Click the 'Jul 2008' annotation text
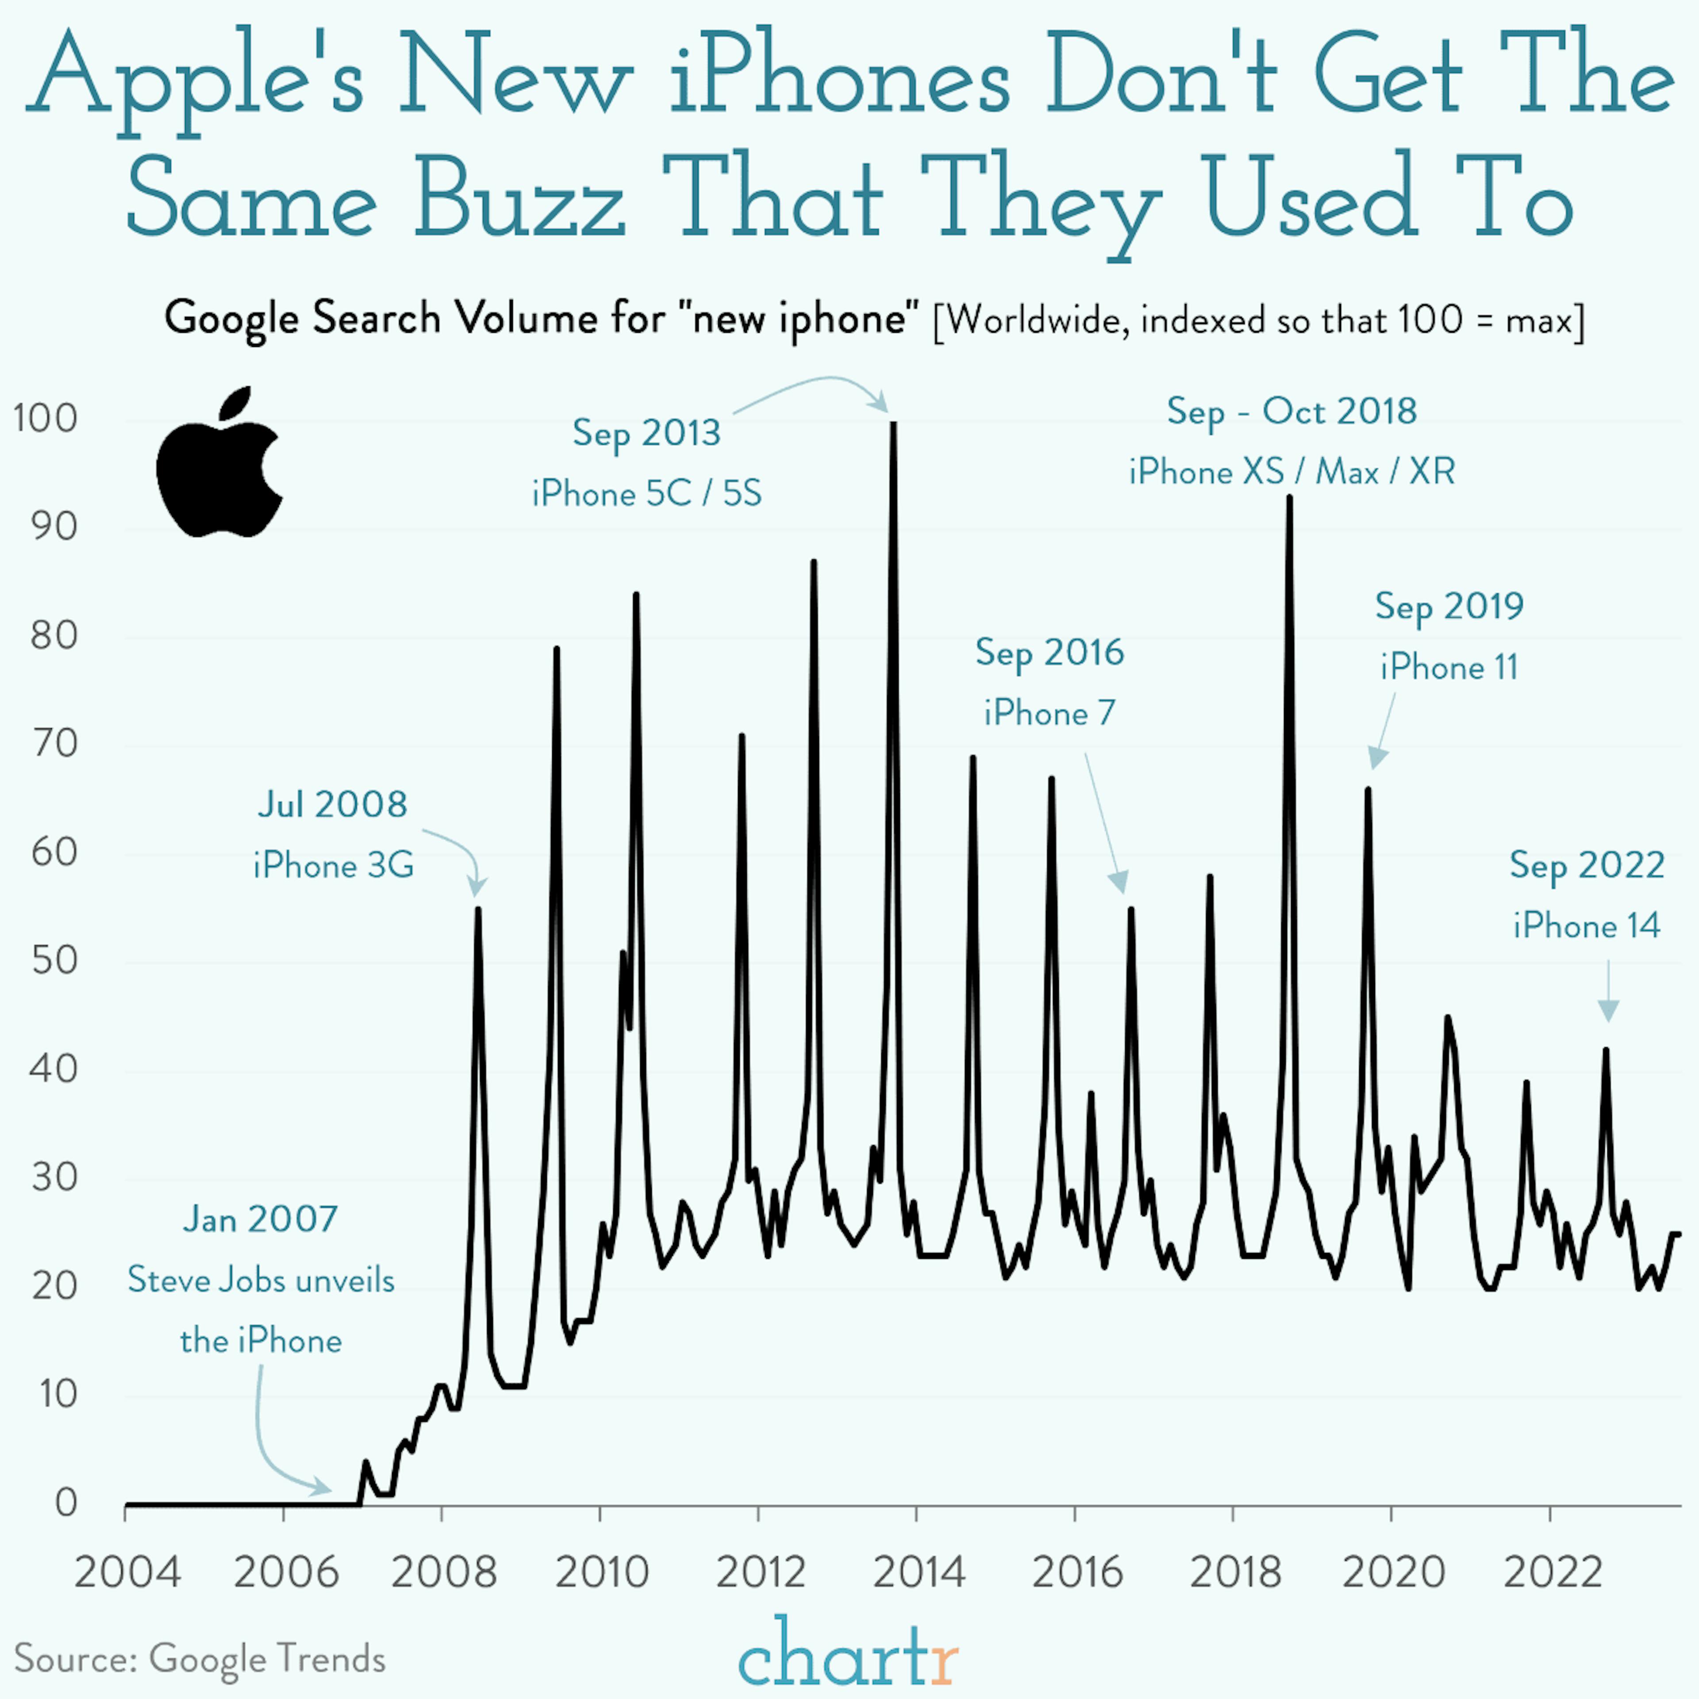coord(332,805)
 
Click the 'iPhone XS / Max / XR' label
coord(1292,472)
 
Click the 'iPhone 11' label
coord(1449,668)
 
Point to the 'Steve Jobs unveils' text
coord(261,1280)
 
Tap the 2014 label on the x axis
coord(918,1572)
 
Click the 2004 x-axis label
coord(127,1572)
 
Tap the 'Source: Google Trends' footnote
coord(200,1659)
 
